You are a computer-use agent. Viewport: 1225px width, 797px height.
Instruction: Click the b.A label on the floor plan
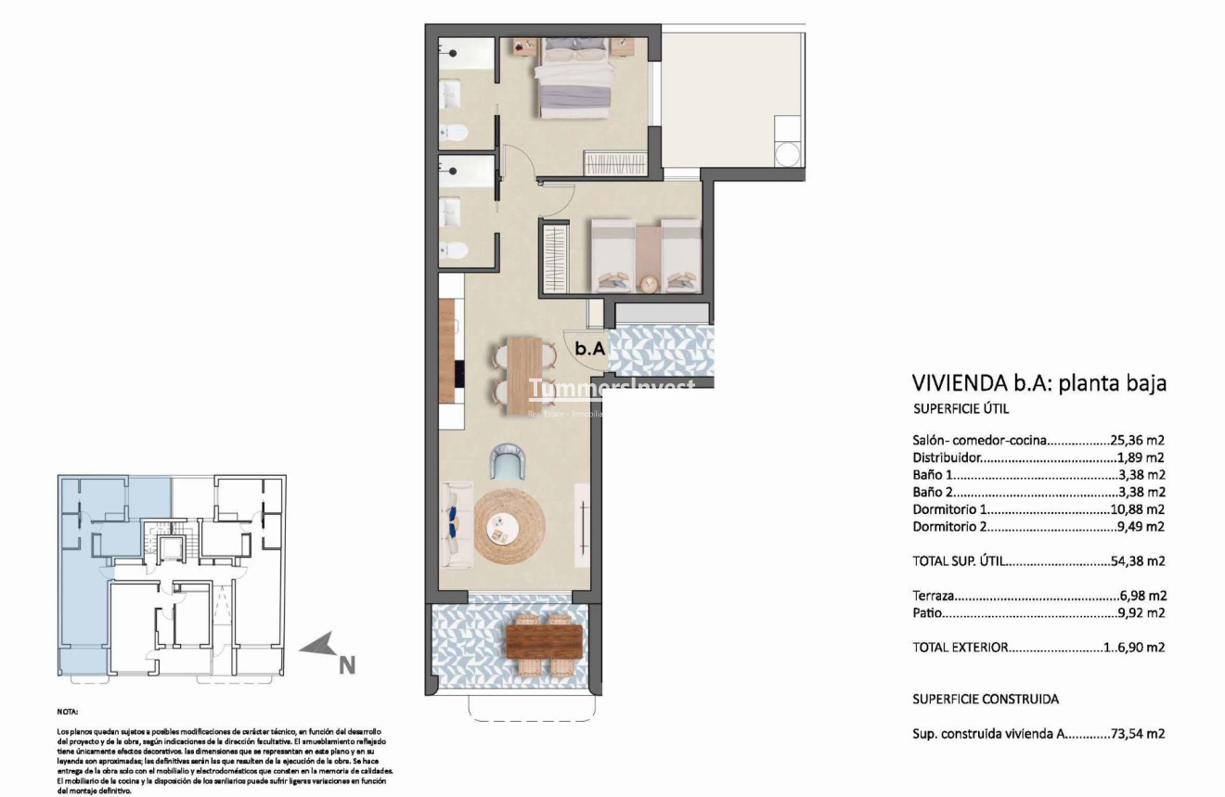590,349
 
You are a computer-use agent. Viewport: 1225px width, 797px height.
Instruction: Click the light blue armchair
509,460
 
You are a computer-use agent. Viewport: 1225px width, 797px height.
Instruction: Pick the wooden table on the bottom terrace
544,639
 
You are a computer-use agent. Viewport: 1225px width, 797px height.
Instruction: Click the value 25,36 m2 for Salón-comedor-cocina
1139,440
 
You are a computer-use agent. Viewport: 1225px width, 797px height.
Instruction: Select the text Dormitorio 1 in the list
948,509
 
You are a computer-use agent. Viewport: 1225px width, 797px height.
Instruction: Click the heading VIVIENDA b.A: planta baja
1038,383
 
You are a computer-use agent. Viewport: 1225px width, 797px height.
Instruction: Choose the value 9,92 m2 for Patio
1142,613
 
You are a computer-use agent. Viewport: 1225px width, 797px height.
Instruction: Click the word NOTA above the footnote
67,713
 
